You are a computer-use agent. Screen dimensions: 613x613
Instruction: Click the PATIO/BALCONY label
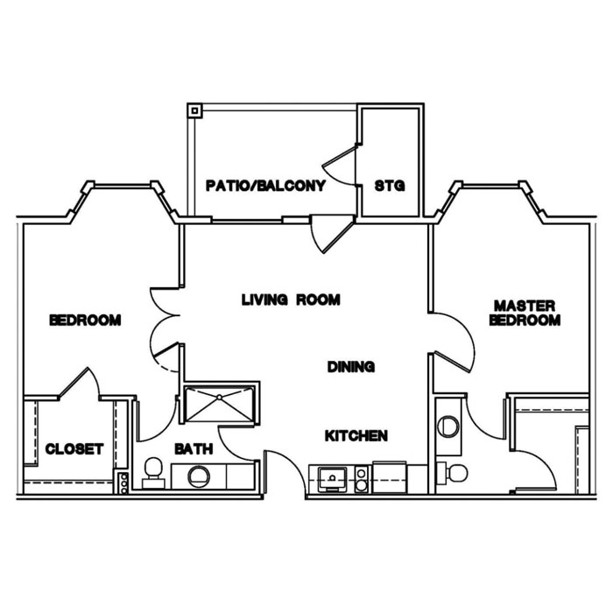(265, 186)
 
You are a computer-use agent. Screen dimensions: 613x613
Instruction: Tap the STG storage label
(388, 186)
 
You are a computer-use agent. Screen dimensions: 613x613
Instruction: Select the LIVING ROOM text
(291, 299)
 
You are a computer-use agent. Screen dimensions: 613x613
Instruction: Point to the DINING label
(351, 367)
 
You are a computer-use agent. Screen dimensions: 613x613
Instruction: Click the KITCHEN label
(356, 435)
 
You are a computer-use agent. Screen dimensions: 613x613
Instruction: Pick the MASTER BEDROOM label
(525, 313)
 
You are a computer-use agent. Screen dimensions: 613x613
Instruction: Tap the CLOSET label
(74, 449)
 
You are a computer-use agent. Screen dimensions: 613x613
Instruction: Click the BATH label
(194, 449)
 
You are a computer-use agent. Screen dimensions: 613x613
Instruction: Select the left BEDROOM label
(85, 321)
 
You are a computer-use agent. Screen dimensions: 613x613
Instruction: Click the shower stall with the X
(219, 405)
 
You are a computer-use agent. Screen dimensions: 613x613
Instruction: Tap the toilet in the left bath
(153, 471)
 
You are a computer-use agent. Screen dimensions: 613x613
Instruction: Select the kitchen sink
(333, 477)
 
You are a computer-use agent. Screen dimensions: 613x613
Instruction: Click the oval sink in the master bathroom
(448, 425)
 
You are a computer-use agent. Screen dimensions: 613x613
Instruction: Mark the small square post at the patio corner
(195, 111)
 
